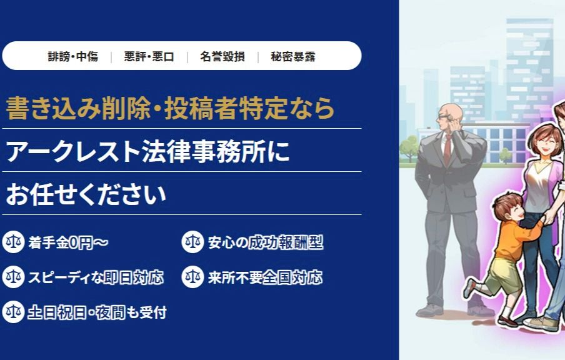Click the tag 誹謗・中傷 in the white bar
[x=73, y=57]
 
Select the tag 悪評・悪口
[x=149, y=57]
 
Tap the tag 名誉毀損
[x=222, y=57]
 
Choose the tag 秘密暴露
[x=293, y=57]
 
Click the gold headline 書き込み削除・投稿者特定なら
[x=171, y=108]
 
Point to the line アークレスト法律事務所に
[x=147, y=151]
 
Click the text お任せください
[x=86, y=194]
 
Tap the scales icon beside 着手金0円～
[x=13, y=242]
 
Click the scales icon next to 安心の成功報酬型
[x=192, y=242]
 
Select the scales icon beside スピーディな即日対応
[x=13, y=277]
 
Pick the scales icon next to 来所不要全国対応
[x=192, y=277]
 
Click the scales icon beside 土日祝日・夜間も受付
[x=13, y=312]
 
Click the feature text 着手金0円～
[x=68, y=242]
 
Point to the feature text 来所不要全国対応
[x=265, y=277]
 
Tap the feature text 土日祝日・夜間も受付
[x=97, y=312]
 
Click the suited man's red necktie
[x=447, y=149]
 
